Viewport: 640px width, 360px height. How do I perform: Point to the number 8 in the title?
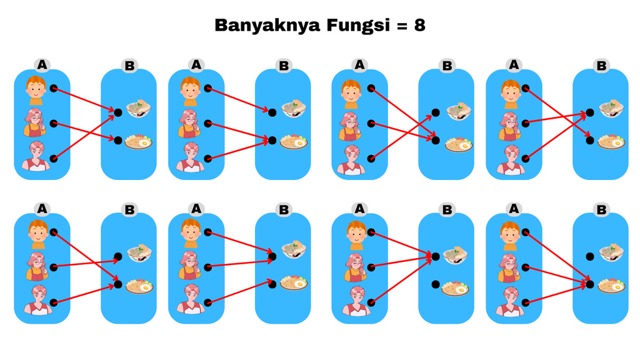[x=419, y=25]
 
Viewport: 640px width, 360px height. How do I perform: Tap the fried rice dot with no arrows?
[x=436, y=284]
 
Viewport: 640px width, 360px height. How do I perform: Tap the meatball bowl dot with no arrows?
[x=590, y=257]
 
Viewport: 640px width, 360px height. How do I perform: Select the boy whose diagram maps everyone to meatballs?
[x=356, y=236]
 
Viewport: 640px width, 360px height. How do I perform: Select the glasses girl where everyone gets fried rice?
[x=509, y=267]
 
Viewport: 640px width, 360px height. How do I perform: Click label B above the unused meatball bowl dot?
[x=601, y=210]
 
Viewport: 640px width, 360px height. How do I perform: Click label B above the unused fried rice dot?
[x=447, y=210]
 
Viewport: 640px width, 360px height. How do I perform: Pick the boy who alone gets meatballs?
[x=190, y=91]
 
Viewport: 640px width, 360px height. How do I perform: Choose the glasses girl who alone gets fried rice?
[x=35, y=122]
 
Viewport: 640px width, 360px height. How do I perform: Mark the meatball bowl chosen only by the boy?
[x=293, y=108]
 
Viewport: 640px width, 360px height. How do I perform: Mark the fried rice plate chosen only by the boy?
[x=611, y=142]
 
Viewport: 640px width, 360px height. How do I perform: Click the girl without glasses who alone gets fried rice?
[x=191, y=299]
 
